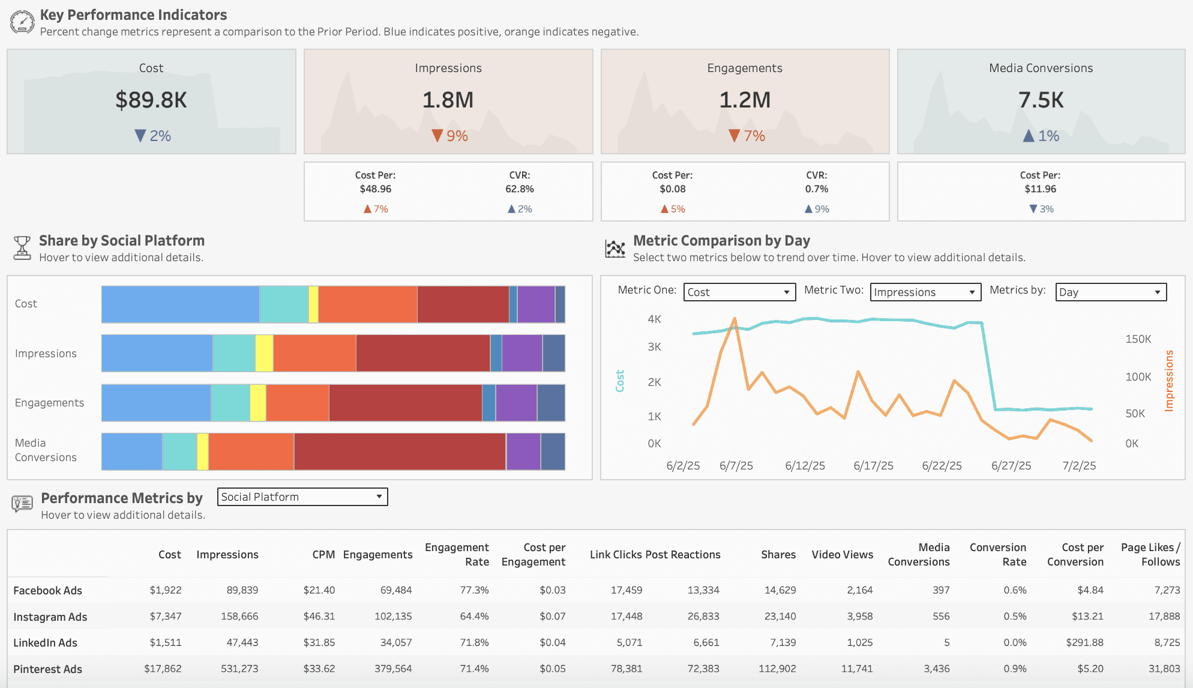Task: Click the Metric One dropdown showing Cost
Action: coord(739,292)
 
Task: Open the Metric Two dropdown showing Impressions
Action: coord(925,292)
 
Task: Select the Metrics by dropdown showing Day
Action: coord(1111,292)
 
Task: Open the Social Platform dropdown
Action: coord(302,497)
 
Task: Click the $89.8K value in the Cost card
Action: coord(151,100)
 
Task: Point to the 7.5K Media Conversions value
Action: coord(1041,100)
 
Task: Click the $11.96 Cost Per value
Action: coord(1041,189)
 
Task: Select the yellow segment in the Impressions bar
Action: coord(264,353)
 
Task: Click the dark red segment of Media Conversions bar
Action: coord(400,451)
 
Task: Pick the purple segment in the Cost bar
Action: coord(536,304)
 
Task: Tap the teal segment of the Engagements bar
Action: coord(230,402)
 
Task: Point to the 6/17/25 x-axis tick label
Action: coord(873,466)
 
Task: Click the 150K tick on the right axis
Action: coord(1138,339)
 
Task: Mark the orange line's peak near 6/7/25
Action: coord(735,319)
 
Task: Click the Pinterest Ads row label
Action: coord(48,669)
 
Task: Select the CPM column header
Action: coord(323,555)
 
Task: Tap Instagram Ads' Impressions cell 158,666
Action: coord(239,617)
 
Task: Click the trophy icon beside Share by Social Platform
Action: coord(22,247)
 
